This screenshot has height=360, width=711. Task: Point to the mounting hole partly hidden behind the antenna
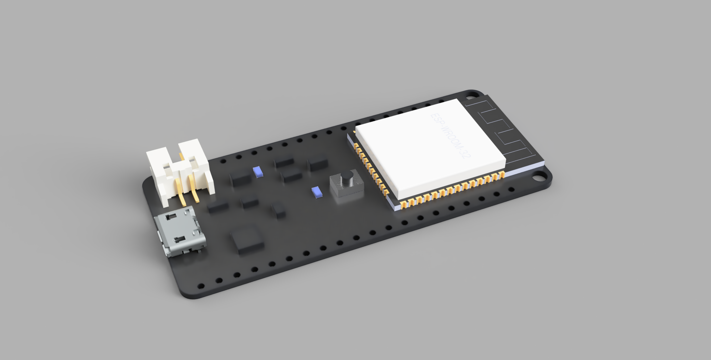pos(472,95)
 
